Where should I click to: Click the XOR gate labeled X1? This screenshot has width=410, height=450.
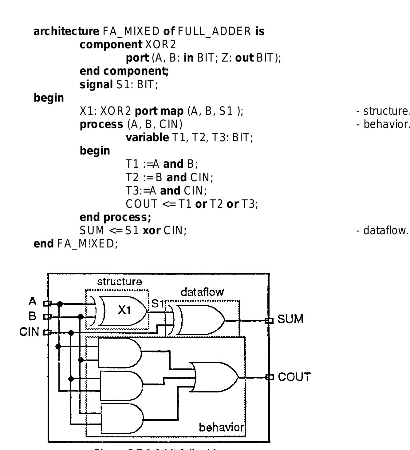click(x=123, y=311)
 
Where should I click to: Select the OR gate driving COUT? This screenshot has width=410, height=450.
click(x=215, y=377)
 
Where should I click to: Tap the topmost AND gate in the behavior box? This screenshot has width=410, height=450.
click(x=120, y=353)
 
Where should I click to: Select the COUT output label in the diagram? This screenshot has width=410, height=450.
click(x=294, y=377)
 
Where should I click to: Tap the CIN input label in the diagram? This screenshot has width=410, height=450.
click(x=29, y=332)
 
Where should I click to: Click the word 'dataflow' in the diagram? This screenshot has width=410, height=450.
click(x=202, y=292)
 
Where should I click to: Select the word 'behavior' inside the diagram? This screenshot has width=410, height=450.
click(x=221, y=428)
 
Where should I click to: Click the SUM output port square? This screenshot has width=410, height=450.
click(x=269, y=321)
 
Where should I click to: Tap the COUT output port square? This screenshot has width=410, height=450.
click(x=270, y=377)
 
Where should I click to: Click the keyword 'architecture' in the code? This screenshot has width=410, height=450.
click(x=66, y=31)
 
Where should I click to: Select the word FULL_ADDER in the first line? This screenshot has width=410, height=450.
click(x=214, y=31)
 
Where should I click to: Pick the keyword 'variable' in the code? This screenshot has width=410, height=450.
click(x=147, y=138)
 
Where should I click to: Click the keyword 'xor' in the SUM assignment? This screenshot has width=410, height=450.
click(x=151, y=230)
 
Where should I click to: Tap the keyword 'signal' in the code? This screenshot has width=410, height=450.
click(x=96, y=84)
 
